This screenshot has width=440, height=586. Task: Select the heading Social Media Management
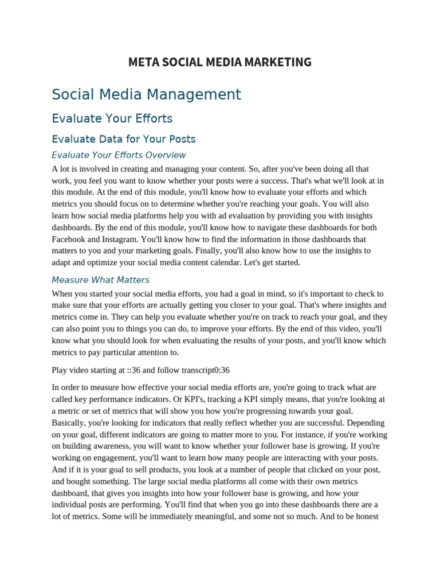[x=146, y=94]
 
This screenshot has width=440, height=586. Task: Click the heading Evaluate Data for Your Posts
[x=123, y=139]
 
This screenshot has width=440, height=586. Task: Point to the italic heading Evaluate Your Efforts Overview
[x=119, y=155]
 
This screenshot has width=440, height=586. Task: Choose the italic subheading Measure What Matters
[x=100, y=280]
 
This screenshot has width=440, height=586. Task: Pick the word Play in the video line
[x=61, y=370]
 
